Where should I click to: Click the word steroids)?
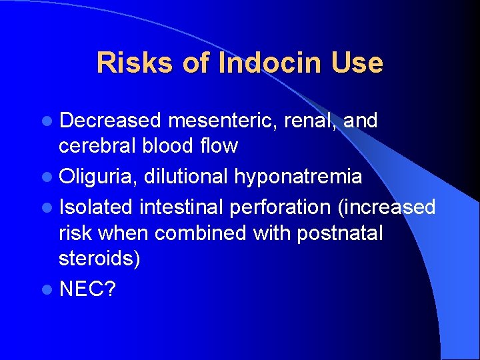tap(99, 258)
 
